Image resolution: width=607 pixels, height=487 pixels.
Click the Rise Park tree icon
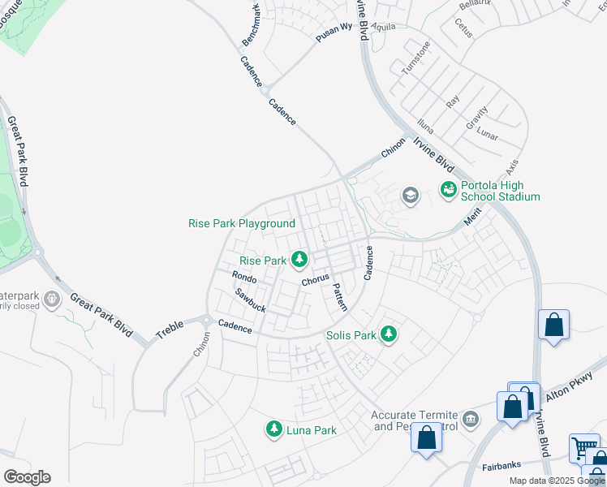click(x=300, y=260)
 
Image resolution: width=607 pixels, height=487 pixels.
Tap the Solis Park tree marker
click(x=390, y=334)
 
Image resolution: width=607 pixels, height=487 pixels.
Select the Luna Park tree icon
click(x=274, y=429)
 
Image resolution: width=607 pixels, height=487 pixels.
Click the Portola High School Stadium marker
click(x=448, y=189)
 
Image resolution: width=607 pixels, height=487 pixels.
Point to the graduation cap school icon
click(x=411, y=195)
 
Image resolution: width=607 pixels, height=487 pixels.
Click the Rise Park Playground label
click(x=242, y=223)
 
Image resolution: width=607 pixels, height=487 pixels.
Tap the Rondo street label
click(x=243, y=278)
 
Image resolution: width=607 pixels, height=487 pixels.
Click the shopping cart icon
click(x=583, y=447)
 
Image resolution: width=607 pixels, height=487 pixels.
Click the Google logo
click(x=27, y=477)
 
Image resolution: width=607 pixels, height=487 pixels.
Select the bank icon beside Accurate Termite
click(x=469, y=419)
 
